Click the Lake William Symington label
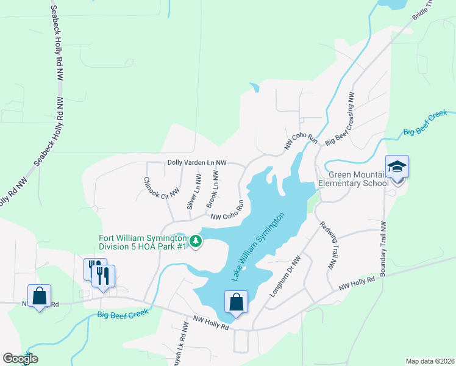pyautogui.click(x=258, y=247)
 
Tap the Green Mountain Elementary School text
pyautogui.click(x=354, y=179)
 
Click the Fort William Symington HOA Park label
pyautogui.click(x=143, y=242)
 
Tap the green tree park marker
pyautogui.click(x=196, y=242)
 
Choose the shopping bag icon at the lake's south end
pyautogui.click(x=236, y=303)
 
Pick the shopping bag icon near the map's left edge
pyautogui.click(x=39, y=296)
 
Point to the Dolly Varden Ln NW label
pyautogui.click(x=197, y=163)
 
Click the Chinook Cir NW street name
pyautogui.click(x=162, y=187)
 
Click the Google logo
pyautogui.click(x=20, y=358)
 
